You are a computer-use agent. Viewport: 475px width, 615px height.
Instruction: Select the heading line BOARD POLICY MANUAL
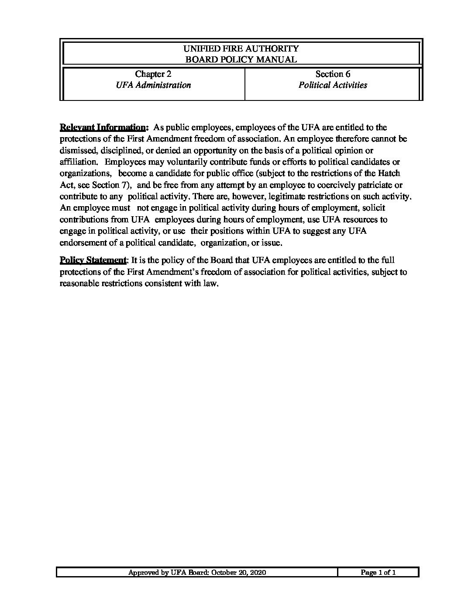click(241, 60)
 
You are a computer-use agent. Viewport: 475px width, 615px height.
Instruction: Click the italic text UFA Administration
click(153, 85)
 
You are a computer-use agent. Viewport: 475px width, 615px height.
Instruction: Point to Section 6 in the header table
click(333, 74)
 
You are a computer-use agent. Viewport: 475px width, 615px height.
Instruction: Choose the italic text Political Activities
click(333, 85)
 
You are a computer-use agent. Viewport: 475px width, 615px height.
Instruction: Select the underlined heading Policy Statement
click(93, 260)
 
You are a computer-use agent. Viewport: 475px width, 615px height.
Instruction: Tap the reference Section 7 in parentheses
click(106, 185)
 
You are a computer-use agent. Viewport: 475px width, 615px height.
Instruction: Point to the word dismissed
click(78, 151)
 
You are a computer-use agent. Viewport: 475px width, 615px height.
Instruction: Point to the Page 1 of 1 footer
click(378, 573)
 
